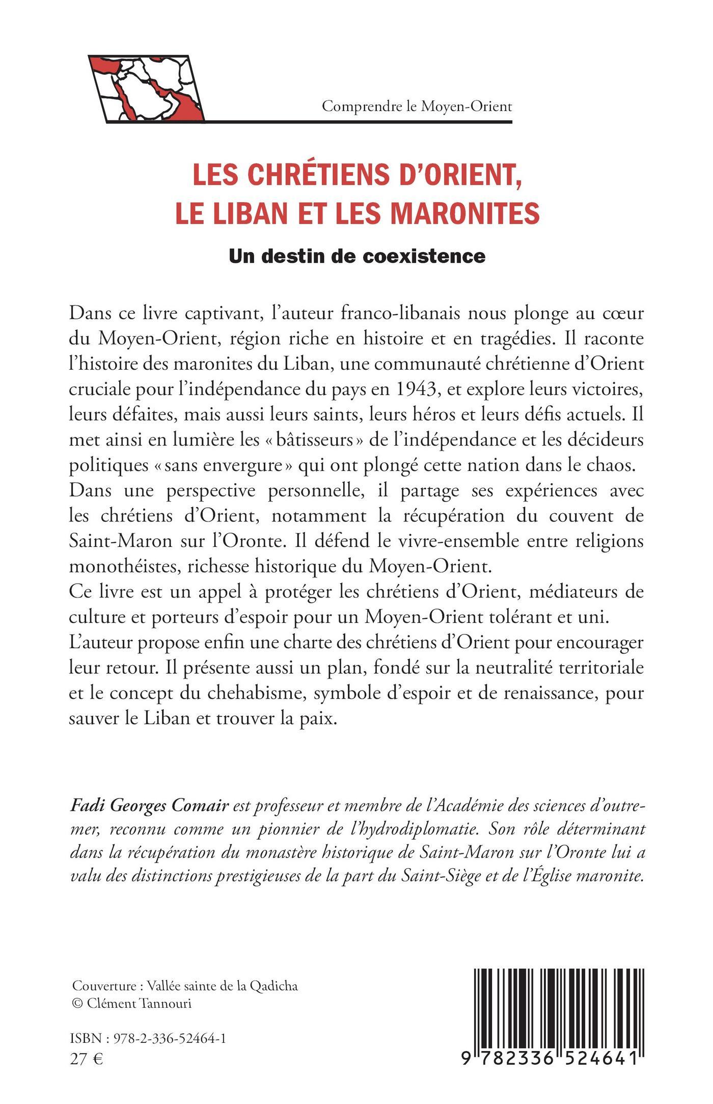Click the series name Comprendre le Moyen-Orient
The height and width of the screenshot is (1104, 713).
pos(417,106)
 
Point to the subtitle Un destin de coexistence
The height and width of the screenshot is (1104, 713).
pos(357,256)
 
